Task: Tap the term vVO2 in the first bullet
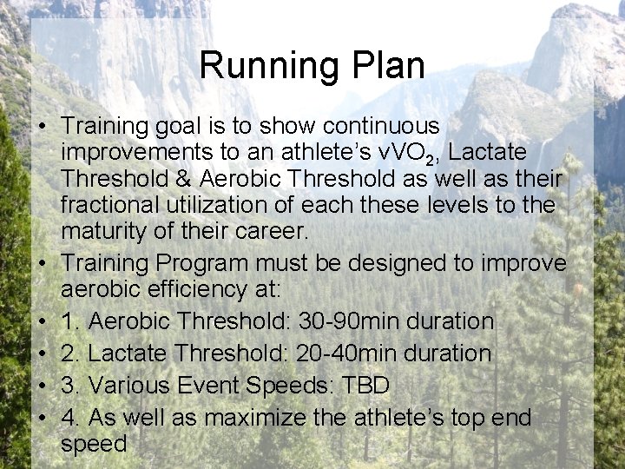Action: click(x=408, y=153)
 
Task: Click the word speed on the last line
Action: click(x=94, y=445)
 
